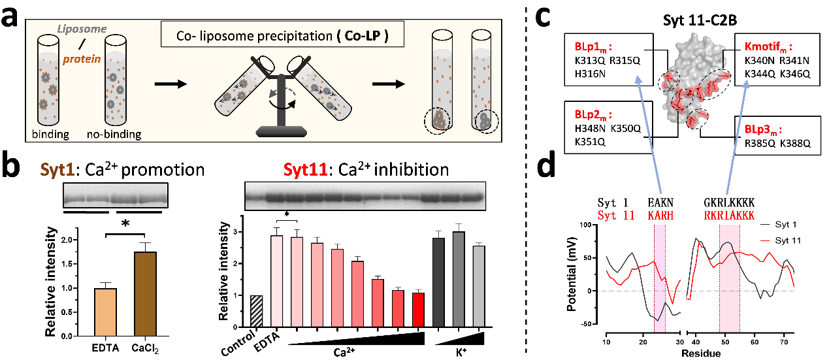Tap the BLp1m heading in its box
(x=593, y=47)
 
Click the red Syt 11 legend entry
(x=793, y=240)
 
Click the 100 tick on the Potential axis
(x=593, y=225)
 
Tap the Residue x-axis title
(x=700, y=353)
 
